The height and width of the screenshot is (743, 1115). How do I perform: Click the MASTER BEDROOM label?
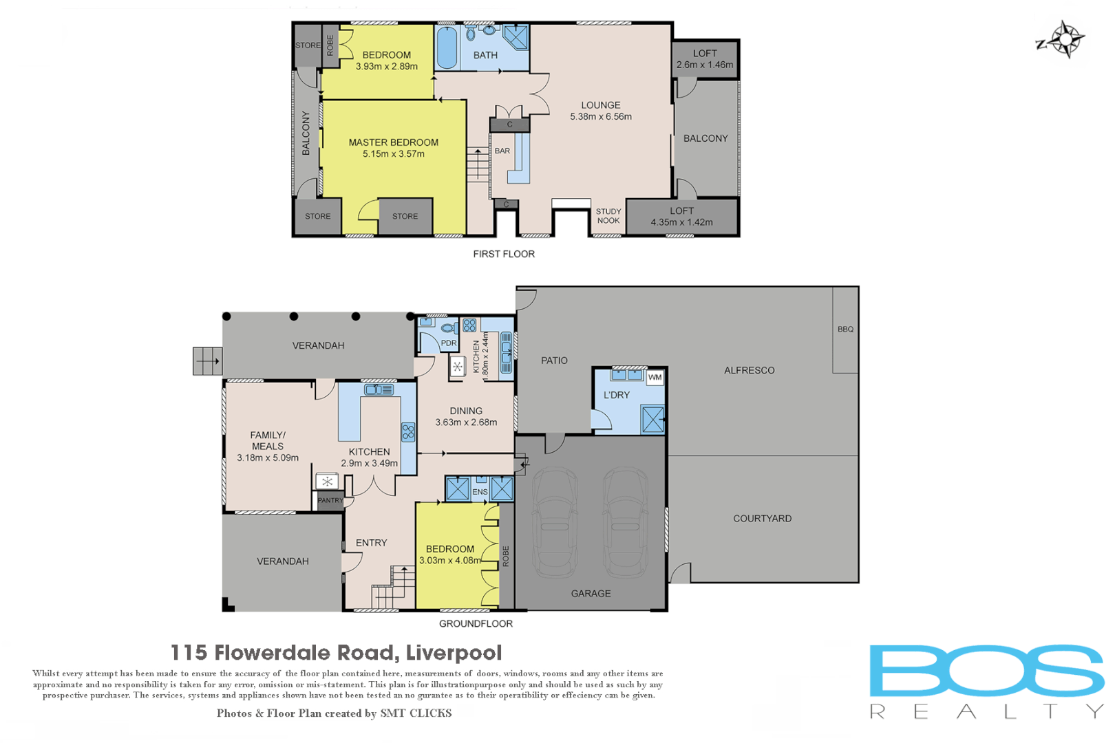(x=393, y=142)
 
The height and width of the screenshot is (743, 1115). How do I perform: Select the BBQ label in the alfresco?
(x=845, y=330)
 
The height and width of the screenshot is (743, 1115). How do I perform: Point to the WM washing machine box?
(x=655, y=377)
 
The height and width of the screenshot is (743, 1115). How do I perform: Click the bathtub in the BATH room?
(x=447, y=47)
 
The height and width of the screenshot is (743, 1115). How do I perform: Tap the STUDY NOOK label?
(x=608, y=216)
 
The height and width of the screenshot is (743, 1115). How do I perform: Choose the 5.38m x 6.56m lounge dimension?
(x=600, y=117)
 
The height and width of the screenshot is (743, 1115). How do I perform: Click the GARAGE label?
(x=591, y=593)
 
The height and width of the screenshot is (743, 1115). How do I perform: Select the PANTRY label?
(x=330, y=500)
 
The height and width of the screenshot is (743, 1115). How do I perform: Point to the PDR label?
(x=449, y=343)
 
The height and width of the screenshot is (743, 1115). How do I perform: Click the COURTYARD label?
(x=762, y=519)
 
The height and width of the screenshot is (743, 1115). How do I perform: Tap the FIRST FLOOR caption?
(x=504, y=254)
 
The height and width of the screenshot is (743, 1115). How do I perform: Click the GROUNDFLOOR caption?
(x=476, y=623)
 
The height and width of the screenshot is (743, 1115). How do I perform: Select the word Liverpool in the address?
(x=454, y=652)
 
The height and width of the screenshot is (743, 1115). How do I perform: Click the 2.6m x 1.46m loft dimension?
(x=704, y=65)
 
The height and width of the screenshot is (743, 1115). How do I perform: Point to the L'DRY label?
(x=616, y=395)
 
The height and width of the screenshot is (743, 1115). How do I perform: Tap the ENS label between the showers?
(x=480, y=492)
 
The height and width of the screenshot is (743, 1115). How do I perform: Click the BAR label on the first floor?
(x=502, y=151)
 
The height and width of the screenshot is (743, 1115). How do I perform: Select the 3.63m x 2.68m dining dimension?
(x=466, y=422)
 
